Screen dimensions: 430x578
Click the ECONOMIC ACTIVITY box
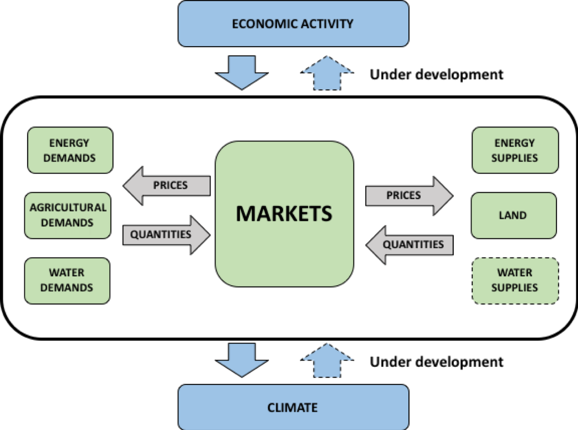(293, 23)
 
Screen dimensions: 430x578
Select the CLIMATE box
(293, 407)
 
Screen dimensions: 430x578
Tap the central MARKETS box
(285, 214)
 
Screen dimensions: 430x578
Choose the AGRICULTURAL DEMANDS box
(68, 215)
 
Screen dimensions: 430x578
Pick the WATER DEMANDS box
(67, 280)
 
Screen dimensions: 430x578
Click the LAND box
(513, 215)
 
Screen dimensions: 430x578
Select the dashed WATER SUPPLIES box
(514, 280)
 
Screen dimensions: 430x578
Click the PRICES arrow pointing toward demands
(166, 185)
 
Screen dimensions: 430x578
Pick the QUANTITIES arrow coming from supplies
(410, 244)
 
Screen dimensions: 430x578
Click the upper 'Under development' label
(437, 74)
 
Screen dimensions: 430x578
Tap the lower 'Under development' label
(437, 362)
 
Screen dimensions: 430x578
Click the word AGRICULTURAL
(68, 208)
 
